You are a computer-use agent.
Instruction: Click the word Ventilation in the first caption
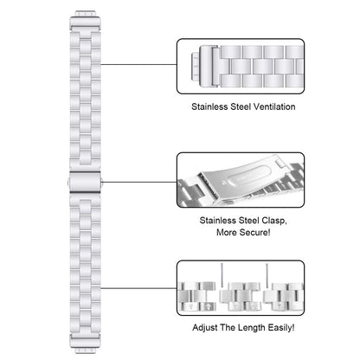(274, 106)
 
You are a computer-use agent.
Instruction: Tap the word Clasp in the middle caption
(273, 221)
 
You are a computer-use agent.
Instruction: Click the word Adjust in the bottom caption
(205, 328)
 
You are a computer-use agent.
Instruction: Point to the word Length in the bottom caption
(252, 328)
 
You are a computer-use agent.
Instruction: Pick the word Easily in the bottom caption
(280, 328)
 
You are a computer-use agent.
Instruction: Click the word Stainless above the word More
(217, 221)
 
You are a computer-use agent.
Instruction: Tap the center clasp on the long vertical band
(85, 183)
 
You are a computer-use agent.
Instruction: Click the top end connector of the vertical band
(85, 19)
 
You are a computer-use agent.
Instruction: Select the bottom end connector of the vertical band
(85, 344)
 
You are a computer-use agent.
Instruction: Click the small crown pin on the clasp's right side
(101, 182)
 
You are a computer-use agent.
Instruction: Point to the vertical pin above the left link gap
(222, 275)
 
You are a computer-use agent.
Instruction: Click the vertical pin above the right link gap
(267, 276)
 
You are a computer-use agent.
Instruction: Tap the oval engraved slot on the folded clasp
(248, 176)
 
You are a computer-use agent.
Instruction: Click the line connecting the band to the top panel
(138, 64)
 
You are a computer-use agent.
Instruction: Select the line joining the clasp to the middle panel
(139, 182)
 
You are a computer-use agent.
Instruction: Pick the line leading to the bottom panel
(138, 288)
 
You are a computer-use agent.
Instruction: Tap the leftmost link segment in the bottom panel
(196, 297)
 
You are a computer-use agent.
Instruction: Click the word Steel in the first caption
(241, 106)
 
